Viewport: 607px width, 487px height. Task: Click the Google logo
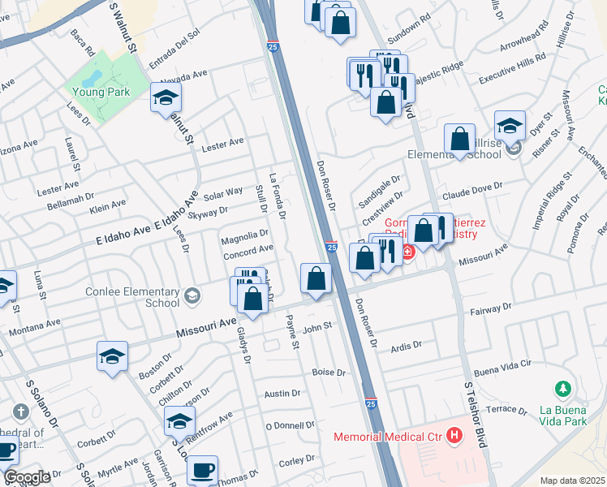click(27, 477)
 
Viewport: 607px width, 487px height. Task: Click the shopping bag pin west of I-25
click(316, 278)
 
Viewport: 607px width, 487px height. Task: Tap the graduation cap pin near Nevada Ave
click(166, 99)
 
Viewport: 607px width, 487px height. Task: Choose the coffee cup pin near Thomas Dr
click(202, 469)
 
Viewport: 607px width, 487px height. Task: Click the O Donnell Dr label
click(289, 425)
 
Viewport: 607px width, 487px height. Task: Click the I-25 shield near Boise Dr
click(371, 403)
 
